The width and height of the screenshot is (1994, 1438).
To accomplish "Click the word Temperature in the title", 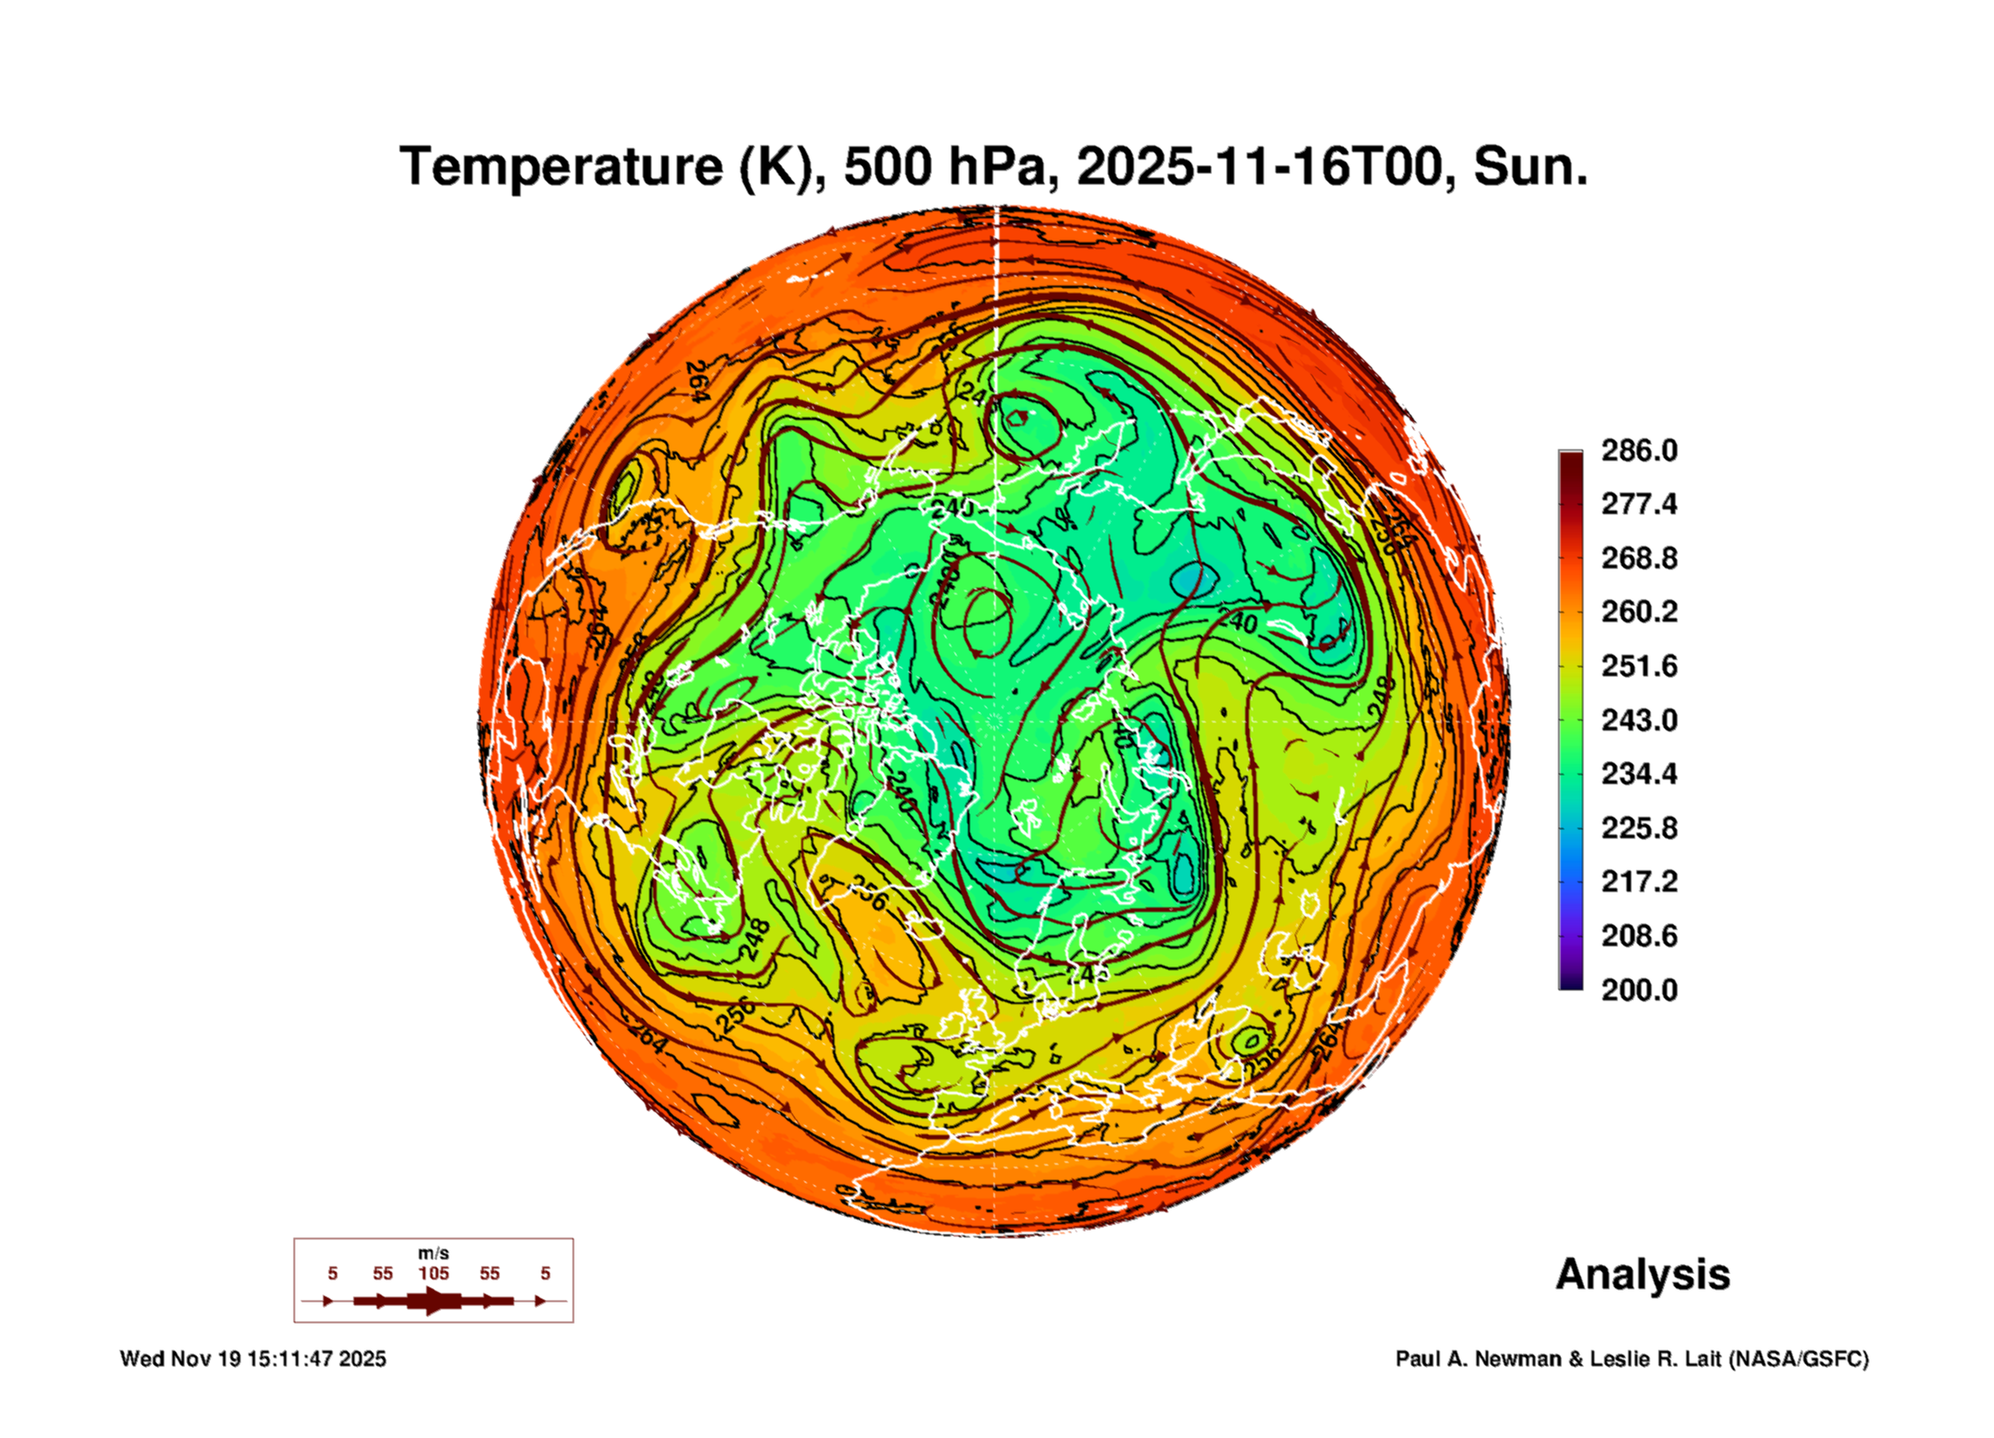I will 561,167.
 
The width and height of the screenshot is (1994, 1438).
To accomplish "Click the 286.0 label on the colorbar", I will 1638,450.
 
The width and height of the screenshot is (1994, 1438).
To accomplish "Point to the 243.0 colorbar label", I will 1638,719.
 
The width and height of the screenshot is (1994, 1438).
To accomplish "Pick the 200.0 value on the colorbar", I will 1638,989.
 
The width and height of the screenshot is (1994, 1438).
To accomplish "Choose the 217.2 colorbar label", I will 1638,882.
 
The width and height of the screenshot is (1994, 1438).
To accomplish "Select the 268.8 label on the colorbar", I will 1638,558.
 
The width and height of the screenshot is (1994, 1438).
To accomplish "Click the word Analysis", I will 1642,1274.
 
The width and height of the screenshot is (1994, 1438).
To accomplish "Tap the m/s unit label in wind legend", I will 434,1253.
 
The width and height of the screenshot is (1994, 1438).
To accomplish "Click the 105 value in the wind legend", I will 434,1273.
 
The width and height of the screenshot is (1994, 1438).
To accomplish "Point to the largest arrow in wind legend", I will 434,1301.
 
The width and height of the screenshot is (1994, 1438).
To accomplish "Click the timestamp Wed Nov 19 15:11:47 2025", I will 253,1359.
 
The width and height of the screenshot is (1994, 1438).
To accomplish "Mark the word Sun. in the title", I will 1530,167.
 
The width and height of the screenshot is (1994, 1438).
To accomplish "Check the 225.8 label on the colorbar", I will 1638,827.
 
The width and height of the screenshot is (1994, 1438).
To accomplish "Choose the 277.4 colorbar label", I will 1638,504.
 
